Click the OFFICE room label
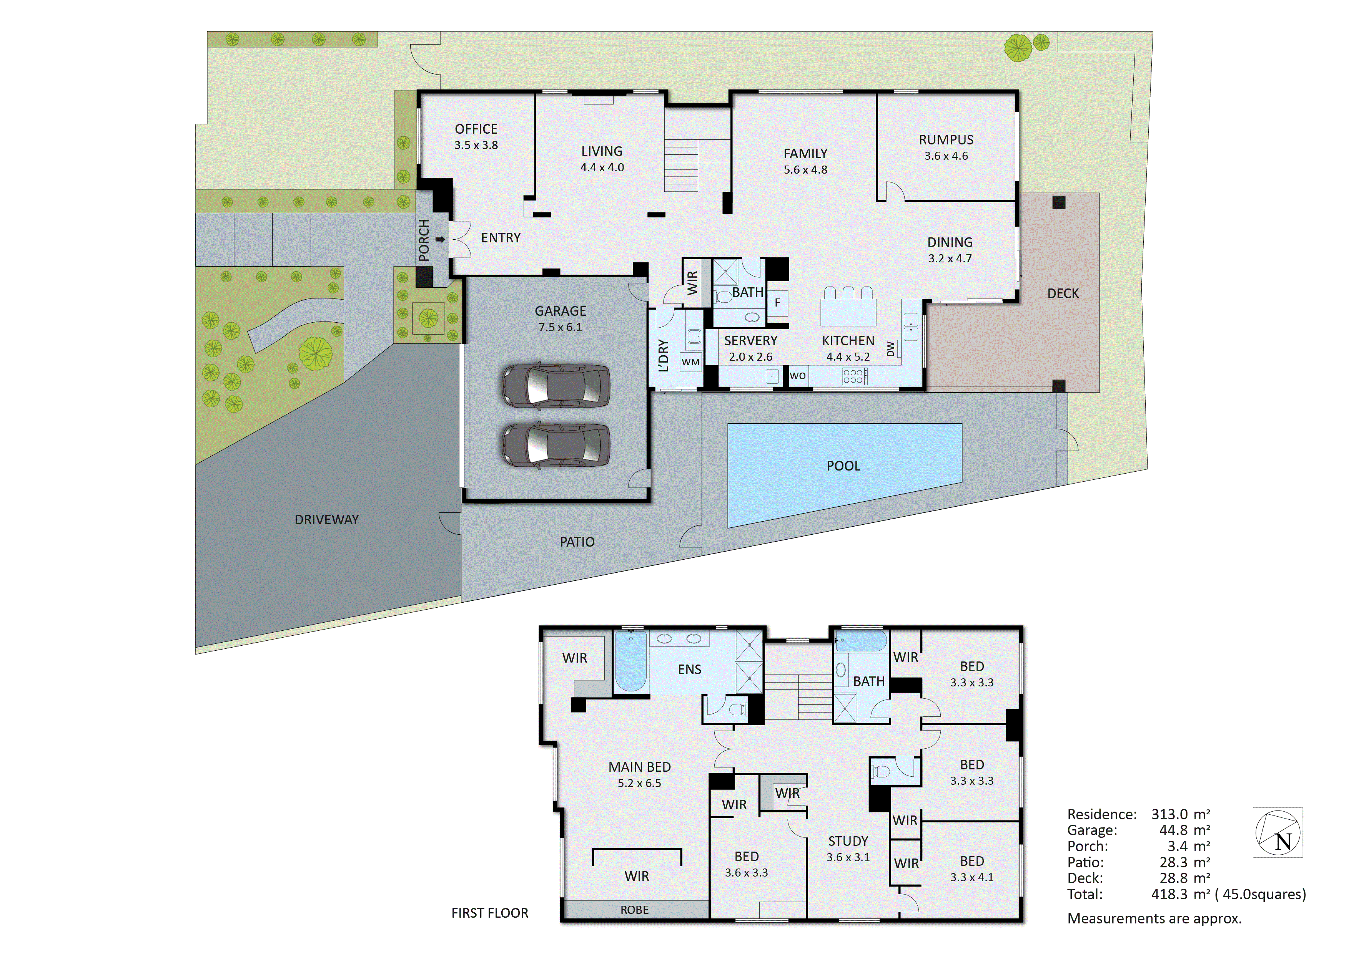[x=476, y=129]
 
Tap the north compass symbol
[x=1278, y=833]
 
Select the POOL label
[x=843, y=466]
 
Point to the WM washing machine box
[x=690, y=362]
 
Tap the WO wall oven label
[x=797, y=376]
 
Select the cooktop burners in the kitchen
[x=853, y=376]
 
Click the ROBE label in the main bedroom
[x=635, y=910]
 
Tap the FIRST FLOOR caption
[x=489, y=913]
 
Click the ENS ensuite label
[x=689, y=670]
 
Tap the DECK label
[x=1063, y=293]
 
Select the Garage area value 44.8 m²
[x=1181, y=830]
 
